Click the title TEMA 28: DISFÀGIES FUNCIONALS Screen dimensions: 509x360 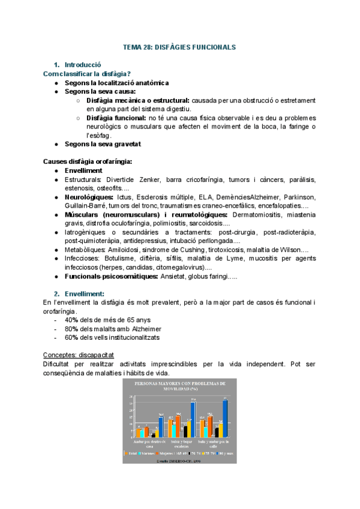(x=179, y=47)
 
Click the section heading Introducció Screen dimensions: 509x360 (x=83, y=65)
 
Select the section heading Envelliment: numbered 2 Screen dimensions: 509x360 (x=85, y=294)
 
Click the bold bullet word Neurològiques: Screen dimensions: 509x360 (x=89, y=197)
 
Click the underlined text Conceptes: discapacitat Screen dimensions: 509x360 (x=79, y=354)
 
